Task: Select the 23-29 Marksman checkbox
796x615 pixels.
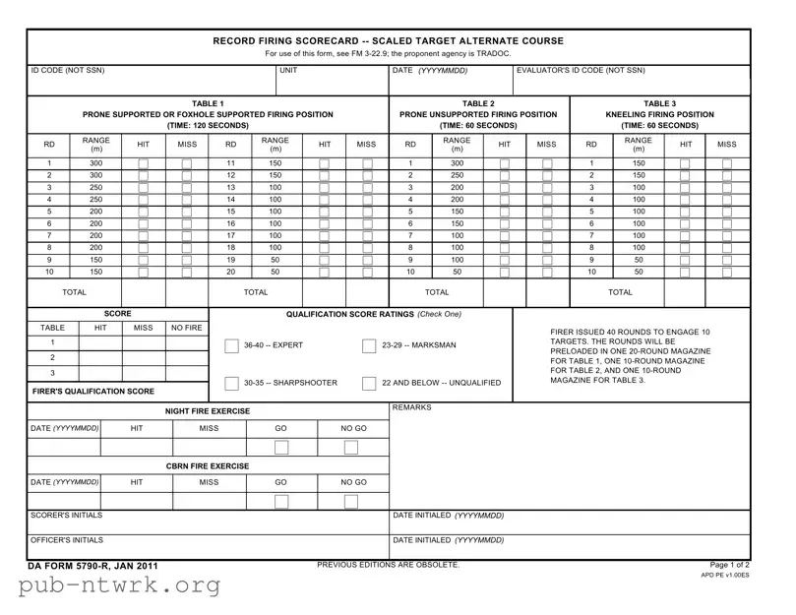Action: [369, 346]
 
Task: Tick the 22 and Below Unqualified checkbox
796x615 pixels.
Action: [369, 384]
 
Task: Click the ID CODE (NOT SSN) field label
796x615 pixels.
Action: [68, 71]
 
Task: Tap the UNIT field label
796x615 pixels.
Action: [288, 71]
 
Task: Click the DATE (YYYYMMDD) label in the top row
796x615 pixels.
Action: [429, 71]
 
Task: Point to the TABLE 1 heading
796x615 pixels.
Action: [208, 103]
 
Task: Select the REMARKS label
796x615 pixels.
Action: [411, 407]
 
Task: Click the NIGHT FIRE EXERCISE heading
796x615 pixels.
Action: [208, 411]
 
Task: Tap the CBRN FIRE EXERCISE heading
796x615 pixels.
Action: [208, 465]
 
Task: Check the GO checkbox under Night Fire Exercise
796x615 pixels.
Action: [281, 448]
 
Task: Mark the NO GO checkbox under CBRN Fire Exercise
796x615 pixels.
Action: [352, 502]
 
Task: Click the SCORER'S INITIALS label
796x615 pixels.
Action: [67, 516]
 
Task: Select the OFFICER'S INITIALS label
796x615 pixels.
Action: [68, 540]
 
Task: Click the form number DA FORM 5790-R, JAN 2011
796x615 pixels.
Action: [94, 567]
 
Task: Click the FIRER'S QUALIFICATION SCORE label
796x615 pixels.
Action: [92, 392]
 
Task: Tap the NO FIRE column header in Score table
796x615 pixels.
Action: [187, 328]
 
